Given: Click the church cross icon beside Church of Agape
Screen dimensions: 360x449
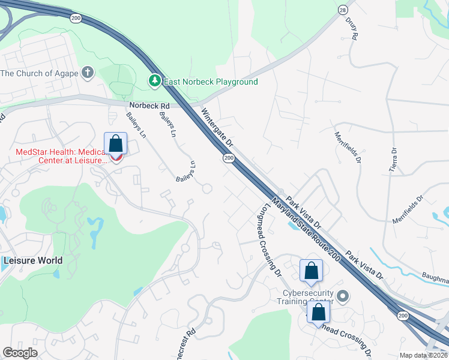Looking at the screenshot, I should point(88,74).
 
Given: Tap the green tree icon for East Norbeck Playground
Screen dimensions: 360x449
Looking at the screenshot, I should point(155,80).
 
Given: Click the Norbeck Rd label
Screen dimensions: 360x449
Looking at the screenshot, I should point(149,106).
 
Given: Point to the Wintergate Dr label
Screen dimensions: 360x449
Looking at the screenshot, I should point(217,128).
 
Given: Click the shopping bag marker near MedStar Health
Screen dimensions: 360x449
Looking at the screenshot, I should point(115,145).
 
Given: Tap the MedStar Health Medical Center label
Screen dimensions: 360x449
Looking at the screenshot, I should point(60,155).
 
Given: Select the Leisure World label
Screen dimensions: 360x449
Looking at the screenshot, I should point(33,260).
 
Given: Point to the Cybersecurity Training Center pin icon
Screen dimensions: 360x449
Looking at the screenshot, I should point(343,296).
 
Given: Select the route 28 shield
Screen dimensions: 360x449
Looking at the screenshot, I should point(342,10).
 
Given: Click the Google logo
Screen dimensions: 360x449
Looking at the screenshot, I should point(20,353).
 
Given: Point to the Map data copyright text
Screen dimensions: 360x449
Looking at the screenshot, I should point(423,355).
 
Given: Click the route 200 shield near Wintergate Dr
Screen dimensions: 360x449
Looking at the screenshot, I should point(228,158).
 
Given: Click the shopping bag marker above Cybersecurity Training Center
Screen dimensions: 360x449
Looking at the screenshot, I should point(312,271).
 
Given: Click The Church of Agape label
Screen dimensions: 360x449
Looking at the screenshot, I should point(40,74).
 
